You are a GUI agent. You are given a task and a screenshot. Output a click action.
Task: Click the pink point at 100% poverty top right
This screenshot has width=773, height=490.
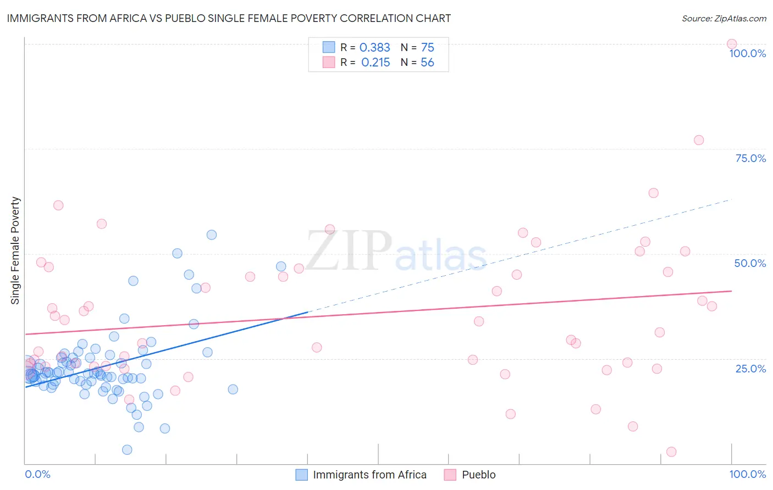[731, 44]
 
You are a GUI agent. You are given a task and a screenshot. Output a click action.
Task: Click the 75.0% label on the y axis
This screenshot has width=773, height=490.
[750, 158]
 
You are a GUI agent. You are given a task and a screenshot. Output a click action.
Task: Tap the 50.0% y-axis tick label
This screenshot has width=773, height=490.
[750, 263]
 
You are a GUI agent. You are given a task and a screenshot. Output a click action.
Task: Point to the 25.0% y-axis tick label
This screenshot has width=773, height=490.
[750, 369]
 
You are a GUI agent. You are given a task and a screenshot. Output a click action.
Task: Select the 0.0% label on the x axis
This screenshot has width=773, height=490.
[37, 474]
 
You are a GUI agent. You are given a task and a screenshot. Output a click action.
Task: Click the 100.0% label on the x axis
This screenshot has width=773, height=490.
[747, 474]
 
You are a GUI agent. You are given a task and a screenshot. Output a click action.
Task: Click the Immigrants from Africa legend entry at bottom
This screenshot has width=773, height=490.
[369, 475]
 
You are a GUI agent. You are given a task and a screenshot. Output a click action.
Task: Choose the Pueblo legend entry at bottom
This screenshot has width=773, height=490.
[478, 475]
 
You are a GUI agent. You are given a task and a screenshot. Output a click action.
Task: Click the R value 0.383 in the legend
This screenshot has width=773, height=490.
[374, 48]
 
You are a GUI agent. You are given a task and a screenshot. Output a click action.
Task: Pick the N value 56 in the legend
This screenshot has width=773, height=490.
[427, 63]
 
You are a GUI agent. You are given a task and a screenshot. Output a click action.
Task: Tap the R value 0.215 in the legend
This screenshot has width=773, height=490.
[376, 63]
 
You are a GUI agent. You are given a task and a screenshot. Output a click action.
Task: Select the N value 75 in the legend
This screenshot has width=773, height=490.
[427, 48]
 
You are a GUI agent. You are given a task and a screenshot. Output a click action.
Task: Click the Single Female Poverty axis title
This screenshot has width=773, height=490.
[15, 250]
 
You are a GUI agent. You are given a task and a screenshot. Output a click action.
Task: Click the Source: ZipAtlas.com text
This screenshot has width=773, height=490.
[724, 18]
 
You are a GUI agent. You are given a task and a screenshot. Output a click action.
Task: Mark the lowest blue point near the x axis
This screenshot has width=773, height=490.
[127, 450]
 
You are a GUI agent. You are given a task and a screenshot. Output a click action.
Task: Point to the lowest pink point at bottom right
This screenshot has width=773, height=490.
[671, 452]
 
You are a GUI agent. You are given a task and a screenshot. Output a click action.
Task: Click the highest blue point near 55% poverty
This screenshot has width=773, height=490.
[211, 235]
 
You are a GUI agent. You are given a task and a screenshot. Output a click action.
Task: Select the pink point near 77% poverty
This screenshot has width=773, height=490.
[698, 140]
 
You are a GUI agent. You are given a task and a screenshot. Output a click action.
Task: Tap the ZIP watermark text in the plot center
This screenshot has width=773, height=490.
[349, 252]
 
